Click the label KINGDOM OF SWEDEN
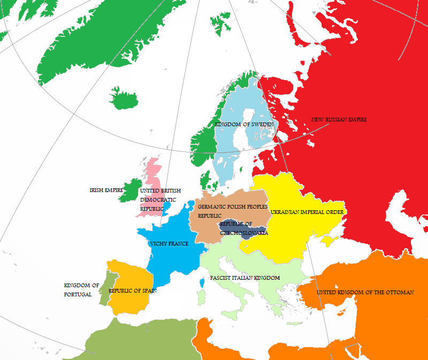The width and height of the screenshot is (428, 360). point(244,124)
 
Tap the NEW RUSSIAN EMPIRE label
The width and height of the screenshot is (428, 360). point(339,119)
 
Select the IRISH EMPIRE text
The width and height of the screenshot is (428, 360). point(106,190)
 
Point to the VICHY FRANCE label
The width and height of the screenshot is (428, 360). point(169,244)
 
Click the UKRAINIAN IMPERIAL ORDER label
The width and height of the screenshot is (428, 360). point(307,212)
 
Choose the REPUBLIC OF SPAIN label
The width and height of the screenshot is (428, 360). point(132,291)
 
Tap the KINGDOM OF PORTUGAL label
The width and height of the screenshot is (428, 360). point(81,290)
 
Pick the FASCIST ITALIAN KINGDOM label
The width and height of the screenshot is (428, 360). point(245,278)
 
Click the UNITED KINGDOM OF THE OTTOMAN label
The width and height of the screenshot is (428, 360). point(365,293)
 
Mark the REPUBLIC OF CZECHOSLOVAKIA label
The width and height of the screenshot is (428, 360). point(243,228)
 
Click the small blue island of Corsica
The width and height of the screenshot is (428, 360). point(202,281)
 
